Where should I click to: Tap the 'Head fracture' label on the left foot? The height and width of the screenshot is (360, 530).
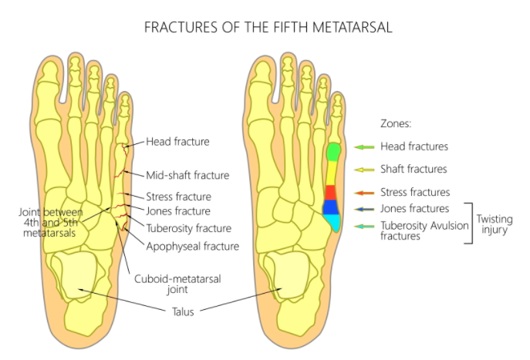pyautogui.click(x=177, y=142)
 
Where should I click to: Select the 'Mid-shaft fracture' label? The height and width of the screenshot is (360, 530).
pyautogui.click(x=187, y=175)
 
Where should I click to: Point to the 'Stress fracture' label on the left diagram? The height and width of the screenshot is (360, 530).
pyautogui.click(x=178, y=196)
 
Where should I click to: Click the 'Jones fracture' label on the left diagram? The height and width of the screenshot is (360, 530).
pyautogui.click(x=177, y=210)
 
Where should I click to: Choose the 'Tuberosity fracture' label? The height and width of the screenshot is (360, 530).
pyautogui.click(x=190, y=228)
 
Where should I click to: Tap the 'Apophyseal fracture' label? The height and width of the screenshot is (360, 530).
pyautogui.click(x=192, y=247)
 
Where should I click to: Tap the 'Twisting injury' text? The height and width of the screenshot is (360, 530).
pyautogui.click(x=494, y=224)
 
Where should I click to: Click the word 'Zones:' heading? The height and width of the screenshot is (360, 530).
pyautogui.click(x=397, y=123)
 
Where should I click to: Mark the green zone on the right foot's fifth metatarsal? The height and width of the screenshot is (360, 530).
pyautogui.click(x=333, y=152)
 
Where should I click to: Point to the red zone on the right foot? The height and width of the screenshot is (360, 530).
pyautogui.click(x=329, y=192)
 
